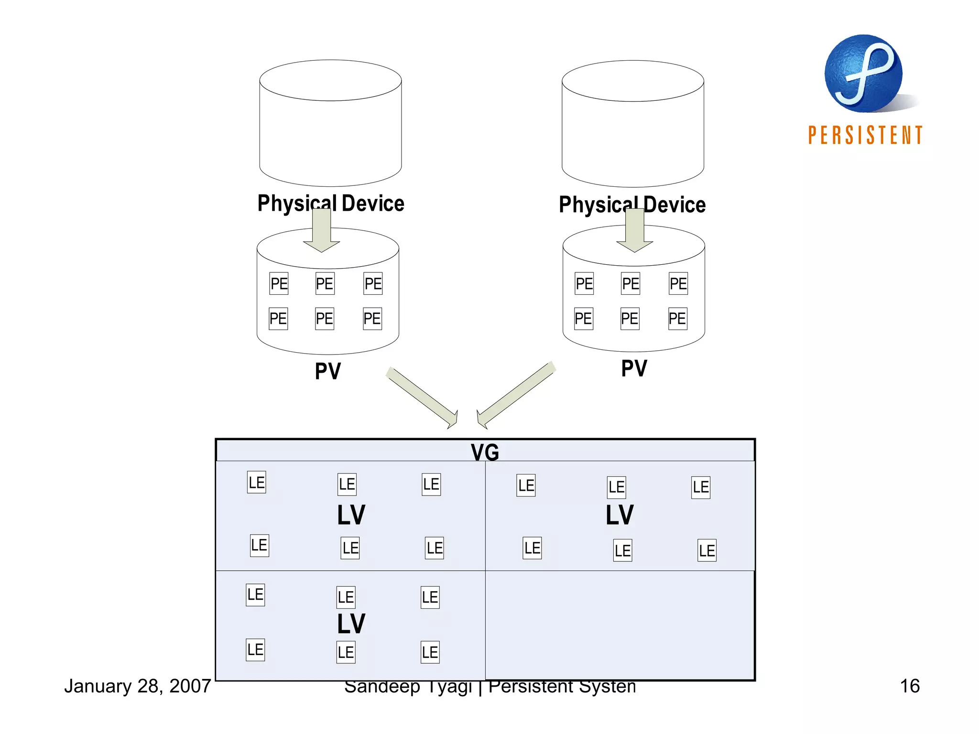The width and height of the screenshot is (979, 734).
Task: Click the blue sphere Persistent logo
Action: pos(863,74)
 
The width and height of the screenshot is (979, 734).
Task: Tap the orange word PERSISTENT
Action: pos(865,135)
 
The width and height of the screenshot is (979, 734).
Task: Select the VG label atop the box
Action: pos(485,452)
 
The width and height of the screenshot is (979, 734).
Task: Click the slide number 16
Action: pos(909,686)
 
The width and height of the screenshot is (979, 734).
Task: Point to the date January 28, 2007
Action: pos(138,686)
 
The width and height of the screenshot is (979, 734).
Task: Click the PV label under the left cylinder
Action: pos(328,371)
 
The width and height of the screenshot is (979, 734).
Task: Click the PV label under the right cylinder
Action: pos(634,368)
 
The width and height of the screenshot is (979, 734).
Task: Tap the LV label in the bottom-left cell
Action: pos(351,624)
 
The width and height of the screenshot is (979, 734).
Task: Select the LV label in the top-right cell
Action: pos(620,515)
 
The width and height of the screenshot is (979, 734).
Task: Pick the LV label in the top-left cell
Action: pos(351,515)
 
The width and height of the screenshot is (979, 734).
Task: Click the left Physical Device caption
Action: pos(331,203)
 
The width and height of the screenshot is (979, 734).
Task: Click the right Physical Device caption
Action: pos(632,205)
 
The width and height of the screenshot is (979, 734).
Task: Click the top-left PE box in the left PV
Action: pos(279,284)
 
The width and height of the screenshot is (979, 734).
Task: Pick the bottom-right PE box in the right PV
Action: pos(677,319)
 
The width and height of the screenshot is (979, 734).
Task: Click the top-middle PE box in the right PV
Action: pos(630,284)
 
